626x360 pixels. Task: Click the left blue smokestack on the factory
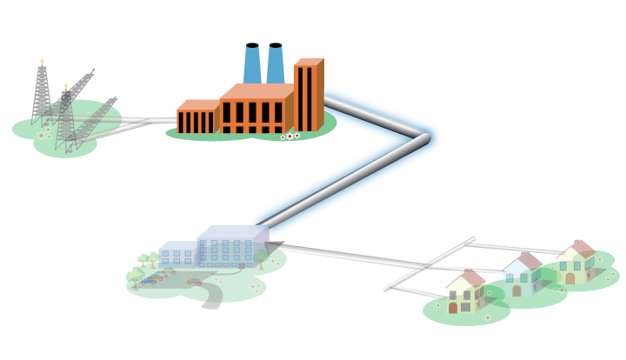coord(252,64)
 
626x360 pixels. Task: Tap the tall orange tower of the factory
coord(307,96)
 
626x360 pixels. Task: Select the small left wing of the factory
coord(196,119)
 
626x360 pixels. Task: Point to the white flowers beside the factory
coord(290,136)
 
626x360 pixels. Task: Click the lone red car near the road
coord(194,282)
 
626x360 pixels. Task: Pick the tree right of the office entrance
coord(260,258)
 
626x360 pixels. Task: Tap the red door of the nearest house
coord(453,308)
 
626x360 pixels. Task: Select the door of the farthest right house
coord(570,278)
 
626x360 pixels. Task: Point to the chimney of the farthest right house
coord(578,243)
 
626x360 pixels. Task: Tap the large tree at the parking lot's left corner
coord(136,277)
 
